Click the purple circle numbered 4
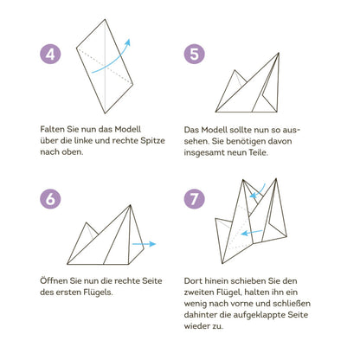(x=50, y=54)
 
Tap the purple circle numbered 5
(x=195, y=54)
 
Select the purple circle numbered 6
(x=50, y=199)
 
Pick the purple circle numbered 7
(x=195, y=199)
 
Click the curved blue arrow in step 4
(x=114, y=61)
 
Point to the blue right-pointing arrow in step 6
(x=144, y=244)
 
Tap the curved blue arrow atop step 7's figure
(x=259, y=191)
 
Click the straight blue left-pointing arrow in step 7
(x=252, y=232)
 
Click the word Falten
(x=53, y=129)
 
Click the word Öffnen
(x=54, y=280)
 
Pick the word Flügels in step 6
(x=98, y=292)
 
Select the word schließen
(x=292, y=303)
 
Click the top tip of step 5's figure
(x=279, y=53)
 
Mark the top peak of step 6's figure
(x=130, y=205)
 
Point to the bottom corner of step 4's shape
(x=105, y=113)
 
